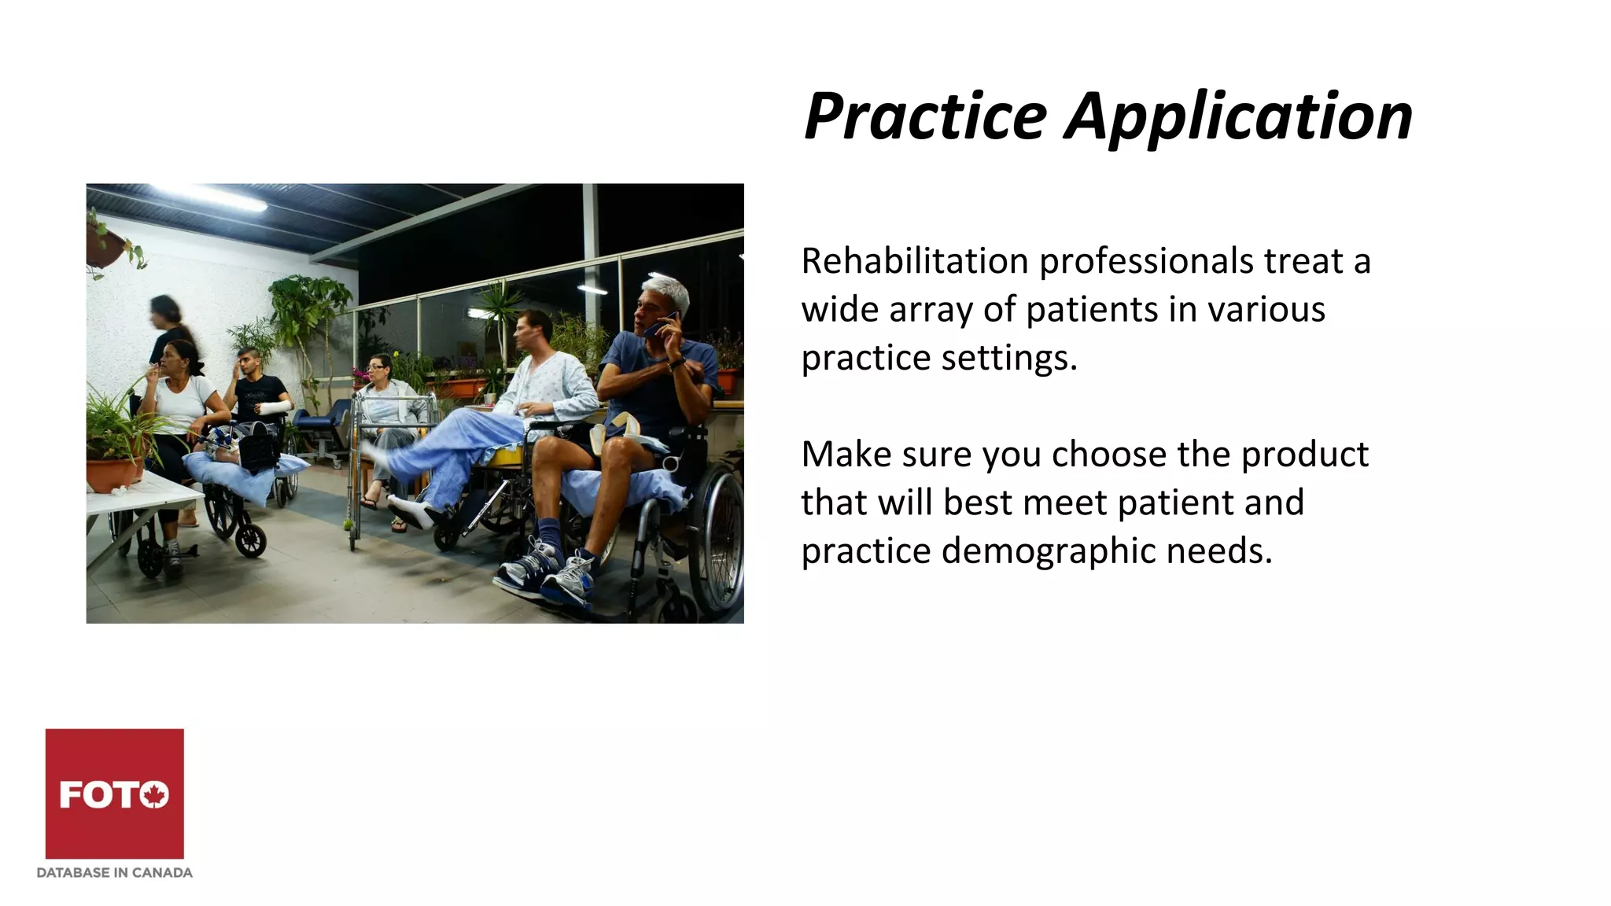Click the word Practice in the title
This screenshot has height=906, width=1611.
(925, 116)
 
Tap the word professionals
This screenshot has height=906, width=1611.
(1146, 263)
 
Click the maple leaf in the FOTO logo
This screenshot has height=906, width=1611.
(155, 795)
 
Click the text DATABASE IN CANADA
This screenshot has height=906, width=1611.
(115, 872)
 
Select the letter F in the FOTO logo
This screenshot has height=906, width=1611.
(72, 795)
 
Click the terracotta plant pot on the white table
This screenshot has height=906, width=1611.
(113, 474)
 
